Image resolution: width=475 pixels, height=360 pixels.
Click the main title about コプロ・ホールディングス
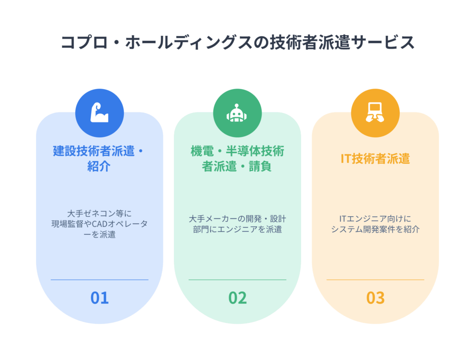[x=237, y=42]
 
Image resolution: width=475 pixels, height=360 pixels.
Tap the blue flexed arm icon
[x=99, y=113]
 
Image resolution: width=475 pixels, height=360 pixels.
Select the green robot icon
[x=237, y=113]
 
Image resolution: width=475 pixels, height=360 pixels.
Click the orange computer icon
[x=375, y=112]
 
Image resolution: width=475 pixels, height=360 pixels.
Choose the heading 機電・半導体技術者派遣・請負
[x=237, y=159]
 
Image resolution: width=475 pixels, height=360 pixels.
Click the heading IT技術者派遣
[x=375, y=159]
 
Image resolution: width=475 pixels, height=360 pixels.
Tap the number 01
[x=99, y=298]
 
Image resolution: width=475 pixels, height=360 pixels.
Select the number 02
[x=237, y=298]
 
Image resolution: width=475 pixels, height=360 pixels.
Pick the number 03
[x=375, y=298]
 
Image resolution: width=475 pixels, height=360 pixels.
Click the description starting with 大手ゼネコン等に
[x=99, y=224]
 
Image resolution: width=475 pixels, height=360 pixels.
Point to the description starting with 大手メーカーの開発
[x=237, y=224]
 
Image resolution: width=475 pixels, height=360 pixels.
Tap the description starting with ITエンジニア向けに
[x=375, y=224]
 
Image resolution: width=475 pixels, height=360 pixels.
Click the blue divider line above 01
[x=99, y=280]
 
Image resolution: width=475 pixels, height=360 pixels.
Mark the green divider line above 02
[x=237, y=280]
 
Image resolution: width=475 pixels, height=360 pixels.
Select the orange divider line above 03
[x=375, y=280]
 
